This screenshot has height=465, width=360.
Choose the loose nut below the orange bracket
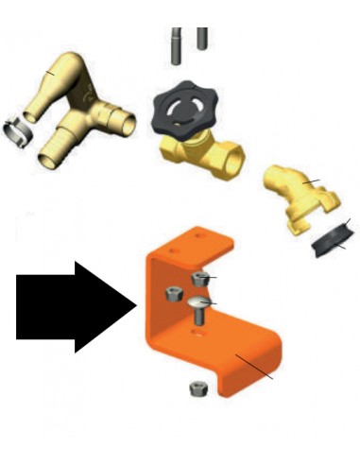197,387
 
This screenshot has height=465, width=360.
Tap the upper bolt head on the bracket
199,277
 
